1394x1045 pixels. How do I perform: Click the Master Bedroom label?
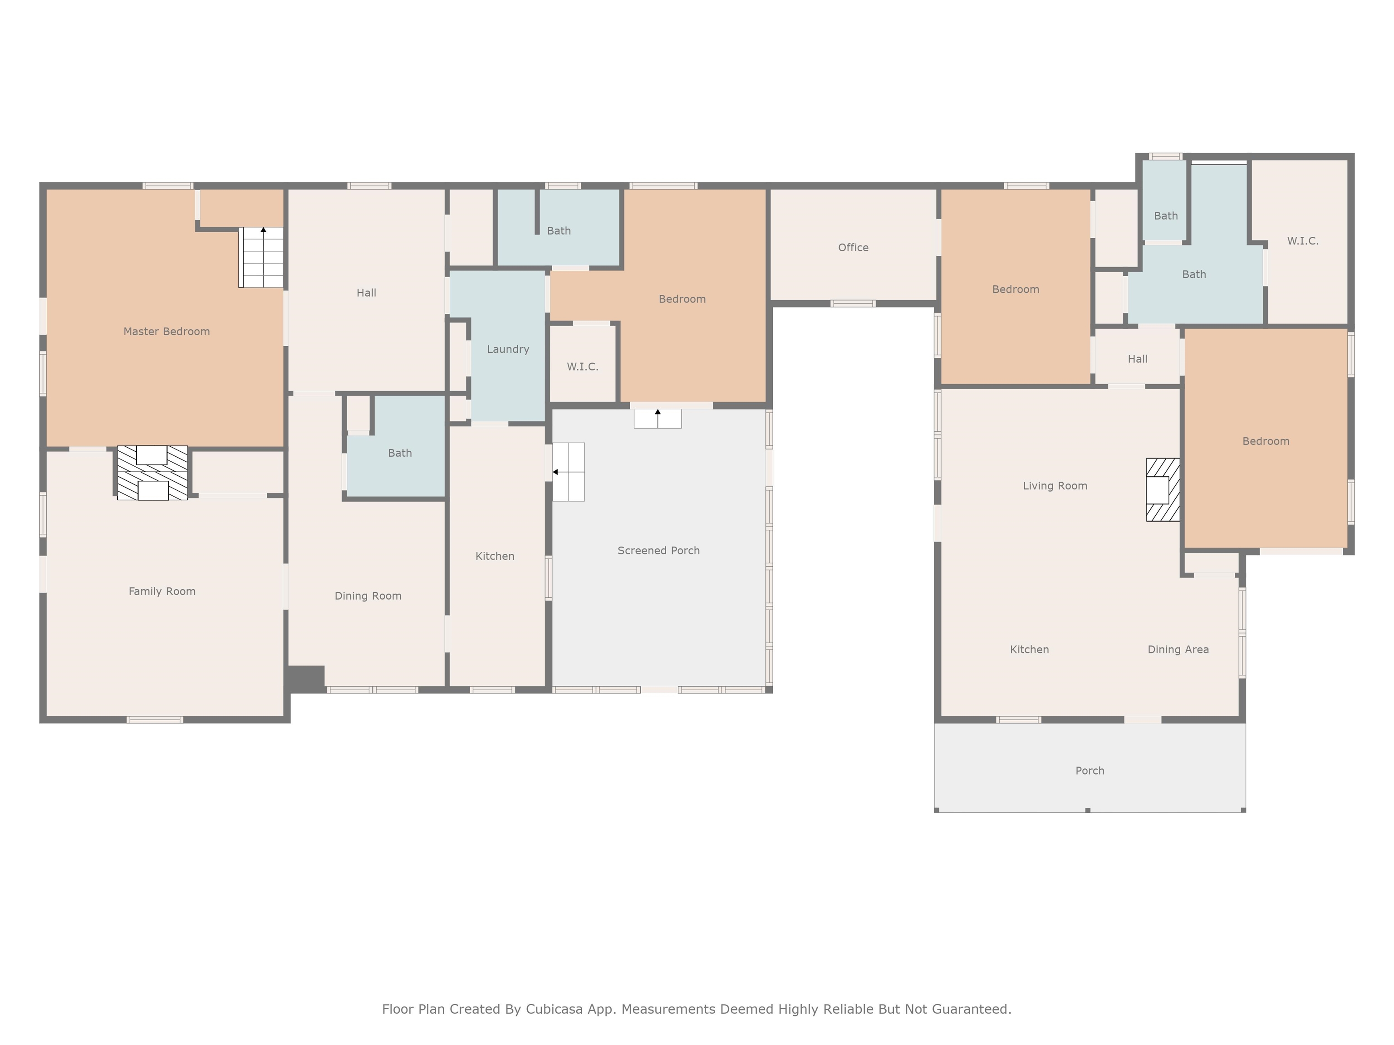pyautogui.click(x=167, y=332)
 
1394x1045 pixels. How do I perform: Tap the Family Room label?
pyautogui.click(x=162, y=591)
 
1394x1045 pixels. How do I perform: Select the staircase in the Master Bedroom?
pyautogui.click(x=261, y=257)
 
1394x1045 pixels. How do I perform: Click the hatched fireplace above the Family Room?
pyautogui.click(x=152, y=473)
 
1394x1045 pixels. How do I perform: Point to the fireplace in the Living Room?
pyautogui.click(x=1162, y=489)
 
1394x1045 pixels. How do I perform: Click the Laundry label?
pyautogui.click(x=507, y=349)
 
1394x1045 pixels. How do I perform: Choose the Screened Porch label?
pyautogui.click(x=658, y=551)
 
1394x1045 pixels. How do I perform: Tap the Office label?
pyautogui.click(x=853, y=248)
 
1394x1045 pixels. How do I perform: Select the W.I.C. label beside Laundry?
pyautogui.click(x=582, y=366)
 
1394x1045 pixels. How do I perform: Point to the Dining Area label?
pyautogui.click(x=1178, y=649)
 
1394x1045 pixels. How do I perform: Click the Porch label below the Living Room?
pyautogui.click(x=1090, y=770)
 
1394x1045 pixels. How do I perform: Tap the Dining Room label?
pyautogui.click(x=368, y=596)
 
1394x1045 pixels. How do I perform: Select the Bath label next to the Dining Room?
pyautogui.click(x=399, y=453)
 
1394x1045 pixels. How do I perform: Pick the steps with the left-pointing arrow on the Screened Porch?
pyautogui.click(x=569, y=472)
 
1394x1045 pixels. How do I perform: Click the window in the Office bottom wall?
pyautogui.click(x=852, y=303)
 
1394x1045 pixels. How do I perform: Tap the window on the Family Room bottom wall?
pyautogui.click(x=155, y=719)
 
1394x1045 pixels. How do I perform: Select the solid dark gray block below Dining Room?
pyautogui.click(x=306, y=679)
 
